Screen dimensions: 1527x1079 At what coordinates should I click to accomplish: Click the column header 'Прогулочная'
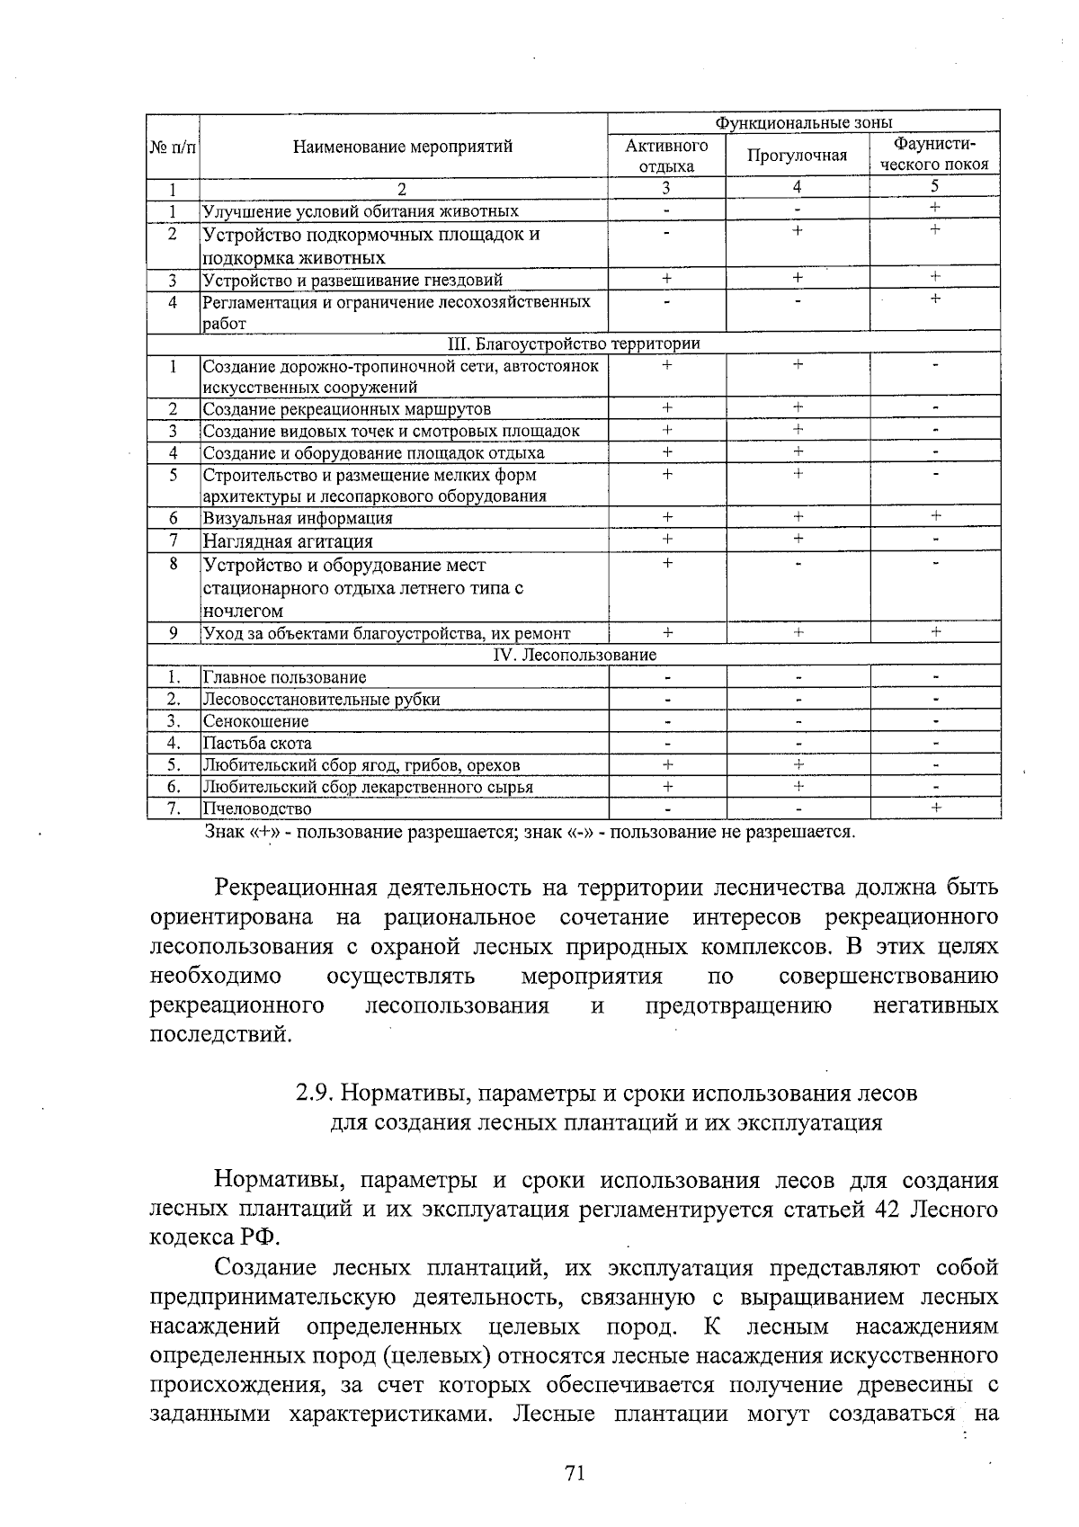[x=797, y=156]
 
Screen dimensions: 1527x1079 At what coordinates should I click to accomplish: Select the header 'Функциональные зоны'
[x=803, y=122]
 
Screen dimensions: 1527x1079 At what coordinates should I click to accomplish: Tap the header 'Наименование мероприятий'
[x=403, y=147]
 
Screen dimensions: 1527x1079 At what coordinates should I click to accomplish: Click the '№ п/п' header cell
[x=172, y=147]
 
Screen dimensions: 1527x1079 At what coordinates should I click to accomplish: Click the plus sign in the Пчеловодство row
[x=935, y=808]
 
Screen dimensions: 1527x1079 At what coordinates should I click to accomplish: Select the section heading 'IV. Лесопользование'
[x=575, y=655]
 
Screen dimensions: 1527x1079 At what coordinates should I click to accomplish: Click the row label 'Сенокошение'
[x=255, y=721]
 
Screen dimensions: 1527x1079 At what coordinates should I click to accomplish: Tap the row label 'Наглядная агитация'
[x=287, y=541]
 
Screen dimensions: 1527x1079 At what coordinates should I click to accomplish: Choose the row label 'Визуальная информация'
[x=298, y=518]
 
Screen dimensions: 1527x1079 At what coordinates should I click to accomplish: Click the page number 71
[x=575, y=1472]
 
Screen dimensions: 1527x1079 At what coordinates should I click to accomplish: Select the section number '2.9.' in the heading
[x=316, y=1094]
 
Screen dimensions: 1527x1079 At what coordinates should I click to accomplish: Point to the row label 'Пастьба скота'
[x=257, y=743]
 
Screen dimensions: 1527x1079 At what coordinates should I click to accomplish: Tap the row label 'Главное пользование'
[x=284, y=677]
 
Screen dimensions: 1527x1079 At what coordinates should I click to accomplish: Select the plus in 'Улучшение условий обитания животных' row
[x=935, y=209]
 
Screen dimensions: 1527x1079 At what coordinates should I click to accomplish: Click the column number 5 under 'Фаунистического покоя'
[x=935, y=187]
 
